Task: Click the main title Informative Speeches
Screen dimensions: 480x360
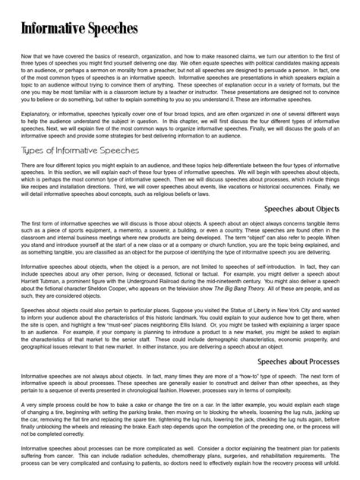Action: [x=79, y=30]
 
